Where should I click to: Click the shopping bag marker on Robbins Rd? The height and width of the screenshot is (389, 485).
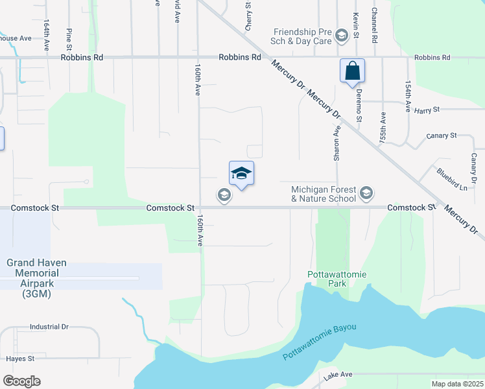coord(352,71)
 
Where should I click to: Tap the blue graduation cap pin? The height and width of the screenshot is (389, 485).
coord(241,174)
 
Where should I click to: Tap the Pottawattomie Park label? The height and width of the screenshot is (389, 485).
coord(337,279)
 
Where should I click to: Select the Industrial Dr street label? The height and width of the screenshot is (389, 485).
coord(49,327)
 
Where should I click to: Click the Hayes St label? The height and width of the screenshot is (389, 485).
coord(19,359)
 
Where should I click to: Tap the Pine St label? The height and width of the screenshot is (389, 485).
coord(69,39)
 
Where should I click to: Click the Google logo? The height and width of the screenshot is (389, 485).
coord(21,381)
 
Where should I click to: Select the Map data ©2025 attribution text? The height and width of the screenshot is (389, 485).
coord(457,384)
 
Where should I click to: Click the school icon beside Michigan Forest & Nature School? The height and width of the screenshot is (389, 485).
coord(366,193)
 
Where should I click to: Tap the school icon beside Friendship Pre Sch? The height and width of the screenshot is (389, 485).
coord(341,36)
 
